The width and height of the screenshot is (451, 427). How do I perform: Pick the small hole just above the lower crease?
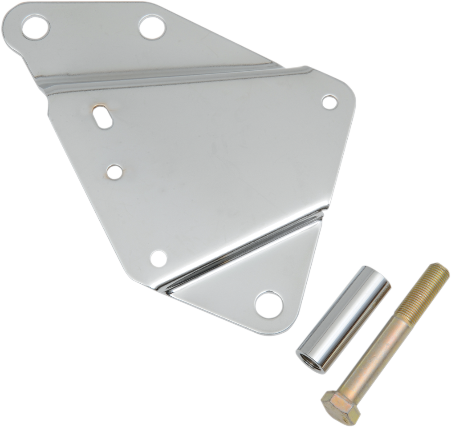(158, 258)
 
